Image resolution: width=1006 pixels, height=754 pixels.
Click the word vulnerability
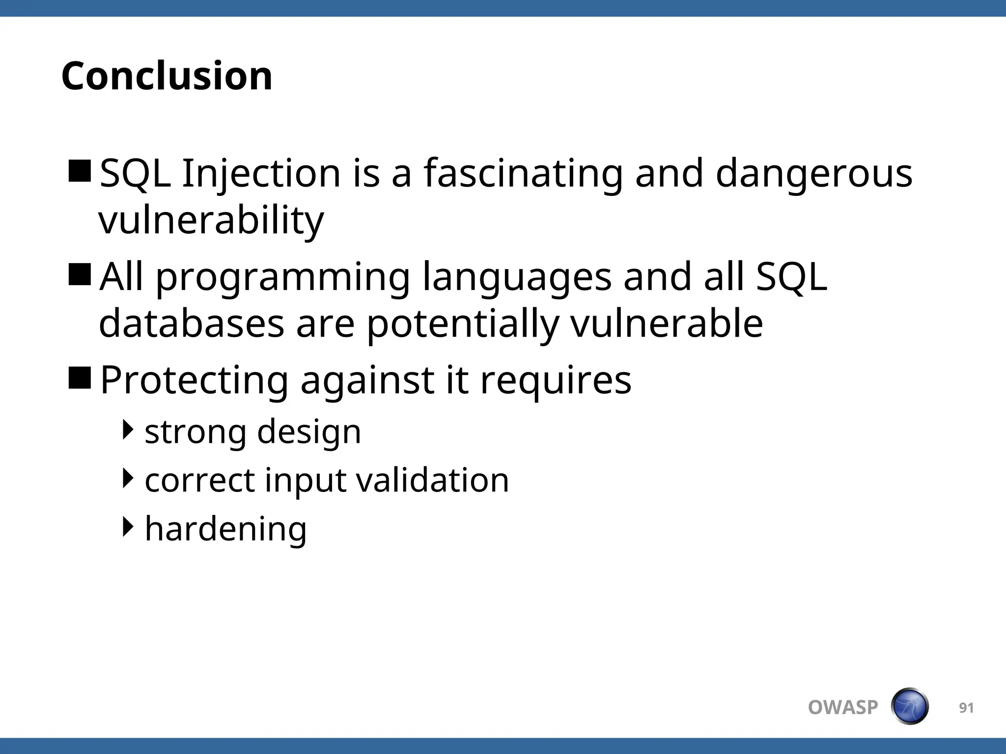click(211, 220)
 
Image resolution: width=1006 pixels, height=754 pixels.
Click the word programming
click(283, 278)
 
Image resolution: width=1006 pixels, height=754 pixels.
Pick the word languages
click(517, 278)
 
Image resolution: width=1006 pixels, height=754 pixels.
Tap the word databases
click(192, 323)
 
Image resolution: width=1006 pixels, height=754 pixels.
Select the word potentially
click(463, 323)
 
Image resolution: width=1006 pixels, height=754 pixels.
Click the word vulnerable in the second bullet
click(667, 323)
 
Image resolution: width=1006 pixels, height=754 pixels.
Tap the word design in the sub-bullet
click(309, 432)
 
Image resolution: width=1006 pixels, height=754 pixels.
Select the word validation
click(432, 480)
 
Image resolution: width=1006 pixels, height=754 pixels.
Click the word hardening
click(226, 529)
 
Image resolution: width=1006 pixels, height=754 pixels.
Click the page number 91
click(966, 708)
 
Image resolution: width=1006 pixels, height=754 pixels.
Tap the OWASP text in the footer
click(843, 708)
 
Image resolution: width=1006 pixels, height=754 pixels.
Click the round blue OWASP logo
click(910, 707)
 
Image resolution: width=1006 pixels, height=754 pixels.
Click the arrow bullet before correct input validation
click(128, 478)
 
